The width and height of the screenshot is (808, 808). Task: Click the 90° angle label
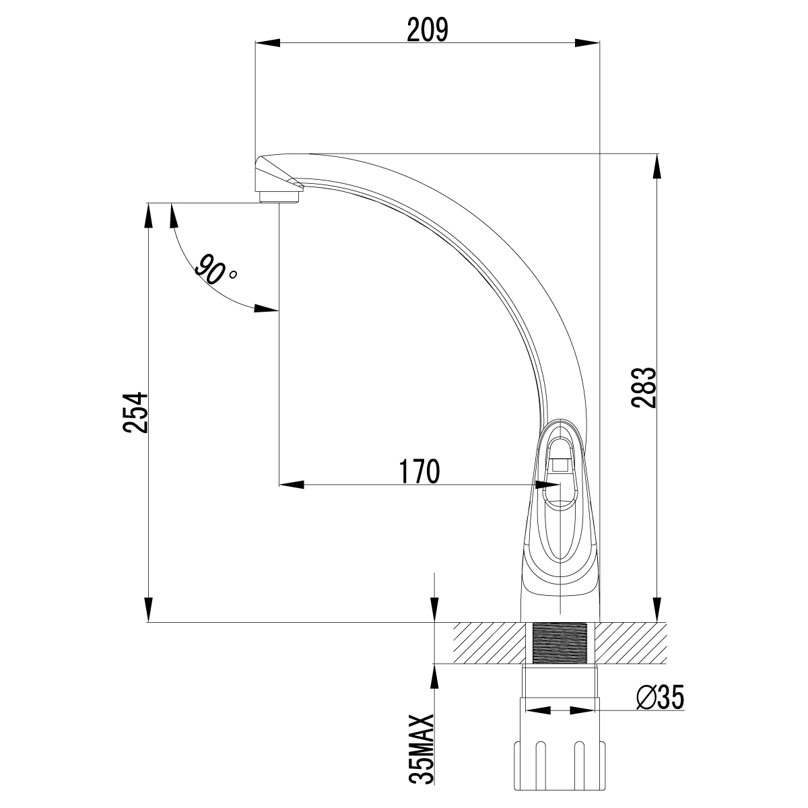215,269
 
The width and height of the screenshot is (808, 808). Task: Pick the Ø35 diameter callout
659,699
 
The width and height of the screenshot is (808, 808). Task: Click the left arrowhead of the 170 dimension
292,484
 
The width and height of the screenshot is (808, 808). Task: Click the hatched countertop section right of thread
629,643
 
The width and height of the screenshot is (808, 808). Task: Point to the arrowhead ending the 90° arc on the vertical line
267,309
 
